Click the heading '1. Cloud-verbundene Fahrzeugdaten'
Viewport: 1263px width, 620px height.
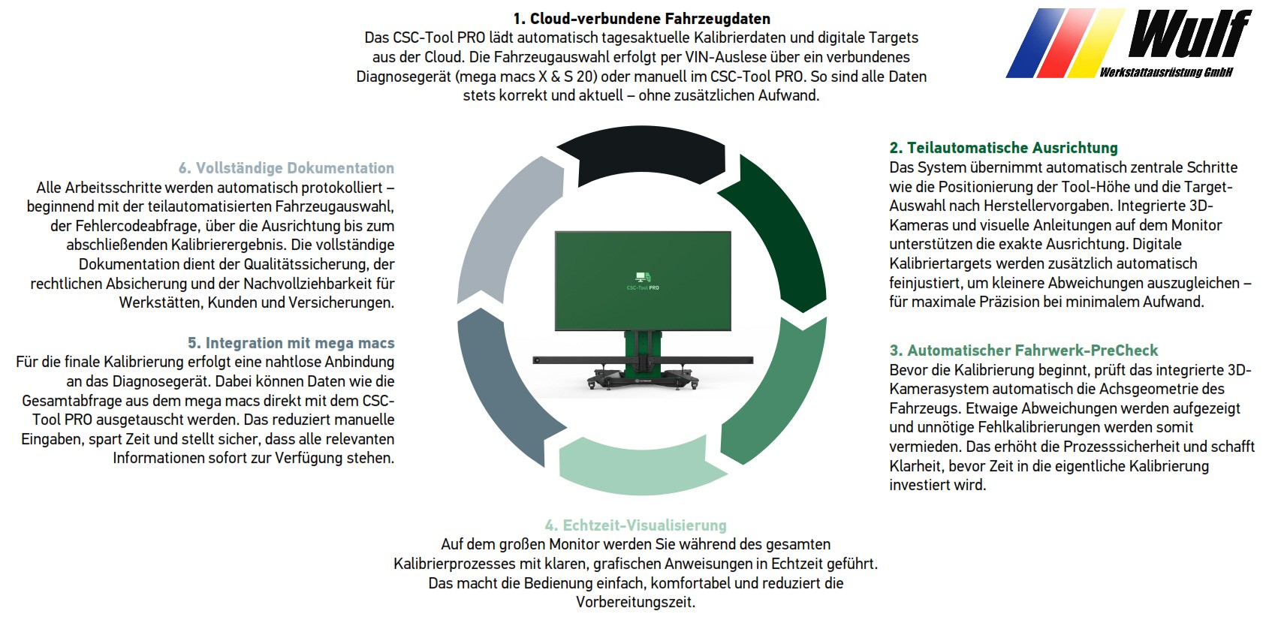tap(642, 19)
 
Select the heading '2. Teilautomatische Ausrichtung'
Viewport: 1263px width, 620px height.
tap(1004, 148)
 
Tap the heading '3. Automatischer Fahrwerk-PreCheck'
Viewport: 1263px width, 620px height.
tap(1023, 351)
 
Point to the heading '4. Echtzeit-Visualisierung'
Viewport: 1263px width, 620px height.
tap(635, 525)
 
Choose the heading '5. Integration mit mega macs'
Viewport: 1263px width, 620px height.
tap(291, 343)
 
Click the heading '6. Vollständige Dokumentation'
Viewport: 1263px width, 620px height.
tap(286, 168)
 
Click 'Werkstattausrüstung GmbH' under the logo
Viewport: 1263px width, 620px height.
tap(1166, 72)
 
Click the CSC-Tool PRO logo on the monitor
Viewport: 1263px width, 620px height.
tap(643, 281)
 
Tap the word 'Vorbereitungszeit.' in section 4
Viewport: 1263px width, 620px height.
tap(635, 603)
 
